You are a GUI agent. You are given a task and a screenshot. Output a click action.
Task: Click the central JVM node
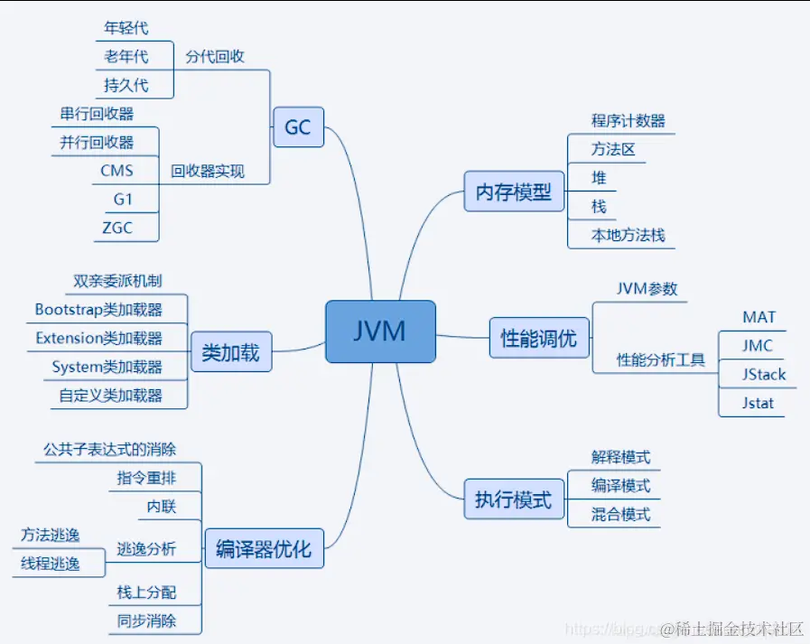[x=380, y=331]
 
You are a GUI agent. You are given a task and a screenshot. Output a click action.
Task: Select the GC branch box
[x=298, y=127]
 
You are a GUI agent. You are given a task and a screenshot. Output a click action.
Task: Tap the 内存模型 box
[x=513, y=192]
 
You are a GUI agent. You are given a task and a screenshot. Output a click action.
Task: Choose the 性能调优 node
[x=538, y=339]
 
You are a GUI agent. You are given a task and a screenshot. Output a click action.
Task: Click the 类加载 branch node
[x=230, y=352]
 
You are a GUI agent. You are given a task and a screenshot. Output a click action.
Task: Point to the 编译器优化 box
[x=263, y=547]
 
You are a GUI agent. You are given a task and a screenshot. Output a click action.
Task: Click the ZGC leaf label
[x=117, y=228]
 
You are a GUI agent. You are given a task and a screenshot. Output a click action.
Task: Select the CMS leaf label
[x=117, y=171]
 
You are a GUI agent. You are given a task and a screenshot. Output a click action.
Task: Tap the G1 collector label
[x=123, y=199]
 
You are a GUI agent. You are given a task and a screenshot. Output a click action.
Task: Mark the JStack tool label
[x=763, y=374]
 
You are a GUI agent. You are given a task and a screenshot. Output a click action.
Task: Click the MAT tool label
[x=759, y=317]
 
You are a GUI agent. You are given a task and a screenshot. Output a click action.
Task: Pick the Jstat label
[x=759, y=403]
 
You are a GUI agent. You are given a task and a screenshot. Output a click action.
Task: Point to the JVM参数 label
[x=647, y=289]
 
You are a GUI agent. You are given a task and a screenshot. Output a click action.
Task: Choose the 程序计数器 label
[x=628, y=120]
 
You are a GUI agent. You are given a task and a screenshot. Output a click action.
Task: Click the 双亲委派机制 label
[x=117, y=282]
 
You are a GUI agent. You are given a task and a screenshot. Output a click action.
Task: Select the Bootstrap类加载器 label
[x=98, y=310]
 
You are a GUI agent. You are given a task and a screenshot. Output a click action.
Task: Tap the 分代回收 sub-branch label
[x=215, y=56]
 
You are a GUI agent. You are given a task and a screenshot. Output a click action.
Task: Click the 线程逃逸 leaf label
[x=51, y=564]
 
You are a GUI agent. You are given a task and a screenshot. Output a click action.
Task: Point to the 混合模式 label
[x=620, y=514]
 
